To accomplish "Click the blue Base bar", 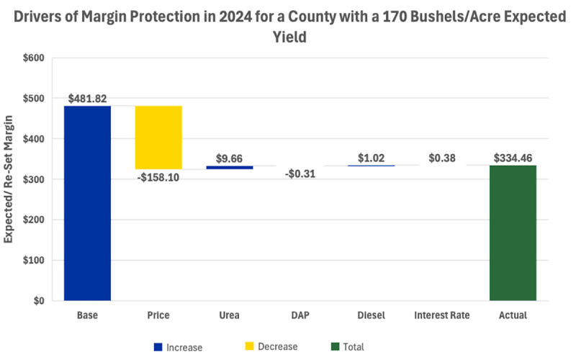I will pos(87,203).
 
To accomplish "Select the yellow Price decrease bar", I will pos(158,138).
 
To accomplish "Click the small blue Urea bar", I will pos(230,167).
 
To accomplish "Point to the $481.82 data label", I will pos(88,98).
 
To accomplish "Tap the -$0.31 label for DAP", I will pos(300,174).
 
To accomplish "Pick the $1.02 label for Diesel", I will pos(372,156).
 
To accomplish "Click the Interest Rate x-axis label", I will pos(441,315).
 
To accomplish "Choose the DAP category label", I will pos(300,315).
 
